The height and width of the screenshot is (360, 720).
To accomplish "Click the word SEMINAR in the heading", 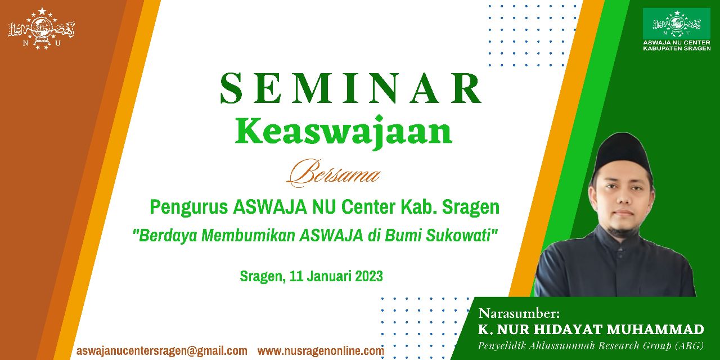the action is [x=350, y=88].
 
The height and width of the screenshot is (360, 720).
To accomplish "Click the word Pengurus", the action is [x=189, y=208].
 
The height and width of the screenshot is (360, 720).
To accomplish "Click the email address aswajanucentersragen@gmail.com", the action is [x=162, y=350].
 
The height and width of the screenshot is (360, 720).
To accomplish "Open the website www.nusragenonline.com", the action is [x=321, y=350].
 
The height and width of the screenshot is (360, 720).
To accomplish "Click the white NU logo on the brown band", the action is [x=41, y=29].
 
